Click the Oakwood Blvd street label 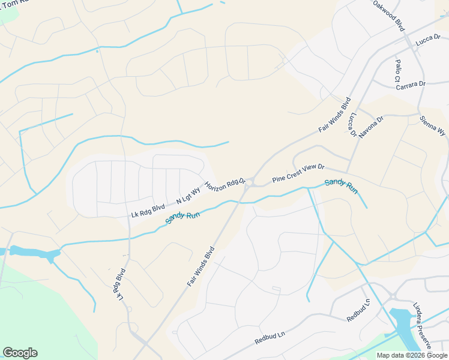coord(388,16)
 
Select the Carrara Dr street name coord(411,86)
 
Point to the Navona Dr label coord(370,127)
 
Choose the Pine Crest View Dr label coord(298,173)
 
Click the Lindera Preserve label coord(424,325)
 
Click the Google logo coord(20,353)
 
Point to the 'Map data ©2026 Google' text coord(412,355)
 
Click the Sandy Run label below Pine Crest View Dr coord(341,187)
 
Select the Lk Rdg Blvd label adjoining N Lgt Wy coord(148,211)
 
